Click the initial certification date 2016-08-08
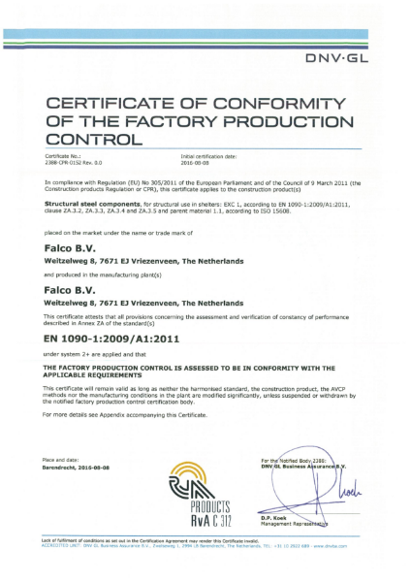(197, 161)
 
